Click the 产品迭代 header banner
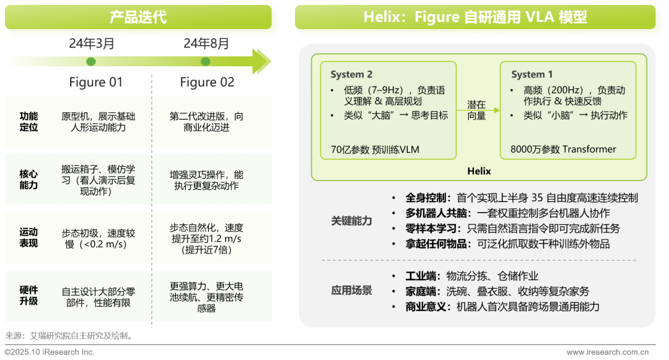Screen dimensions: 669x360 coord(138,17)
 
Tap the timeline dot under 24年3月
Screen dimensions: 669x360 coord(91,61)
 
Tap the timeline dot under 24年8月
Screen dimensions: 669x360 coord(206,61)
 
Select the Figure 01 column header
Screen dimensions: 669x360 coord(95,82)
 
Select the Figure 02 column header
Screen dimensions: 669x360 coord(207,82)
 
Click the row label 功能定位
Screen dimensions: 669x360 coord(28,121)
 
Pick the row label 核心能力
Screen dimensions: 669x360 coord(28,180)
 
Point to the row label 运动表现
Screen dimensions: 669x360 coord(28,238)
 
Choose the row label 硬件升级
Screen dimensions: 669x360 coord(28,296)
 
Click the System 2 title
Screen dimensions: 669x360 coord(351,74)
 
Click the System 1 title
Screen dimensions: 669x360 coord(532,74)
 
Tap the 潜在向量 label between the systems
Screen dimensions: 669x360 coord(476,110)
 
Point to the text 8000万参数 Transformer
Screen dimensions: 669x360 coord(563,149)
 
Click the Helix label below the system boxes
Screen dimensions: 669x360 coord(479,170)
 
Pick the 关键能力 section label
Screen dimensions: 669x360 coord(351,221)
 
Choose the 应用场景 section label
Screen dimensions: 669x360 coord(351,291)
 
